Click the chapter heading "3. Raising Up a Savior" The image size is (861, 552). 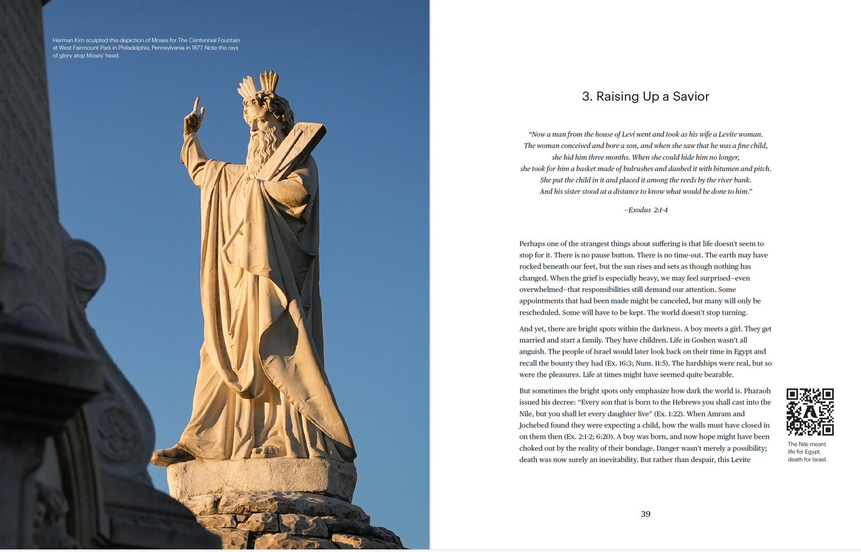pos(645,97)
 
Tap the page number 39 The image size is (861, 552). pos(645,514)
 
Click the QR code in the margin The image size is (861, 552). pos(810,411)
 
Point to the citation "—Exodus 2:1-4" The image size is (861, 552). pos(645,210)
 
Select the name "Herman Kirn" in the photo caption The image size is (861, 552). pos(69,41)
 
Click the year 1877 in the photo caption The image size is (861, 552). pos(197,48)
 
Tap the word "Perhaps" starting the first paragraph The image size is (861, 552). pos(532,244)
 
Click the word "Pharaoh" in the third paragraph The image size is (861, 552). pos(757,391)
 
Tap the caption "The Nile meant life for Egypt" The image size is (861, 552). pos(807,448)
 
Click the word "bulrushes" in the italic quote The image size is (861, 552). pos(639,169)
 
